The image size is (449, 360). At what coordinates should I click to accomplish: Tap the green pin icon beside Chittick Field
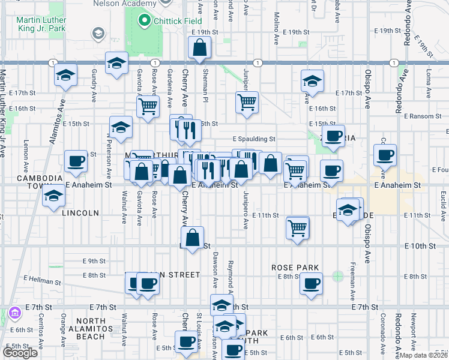[144, 22]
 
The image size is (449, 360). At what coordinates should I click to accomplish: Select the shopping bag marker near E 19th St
[199, 48]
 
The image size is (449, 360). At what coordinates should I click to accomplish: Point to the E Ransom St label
[423, 115]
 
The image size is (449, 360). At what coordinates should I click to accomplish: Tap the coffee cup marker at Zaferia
[333, 136]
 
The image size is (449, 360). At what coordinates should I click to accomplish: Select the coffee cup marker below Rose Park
[310, 284]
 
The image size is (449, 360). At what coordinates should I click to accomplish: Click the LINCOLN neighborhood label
[79, 213]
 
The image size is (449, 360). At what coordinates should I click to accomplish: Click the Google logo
[20, 353]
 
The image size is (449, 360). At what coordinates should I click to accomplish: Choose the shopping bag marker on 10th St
[192, 238]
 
